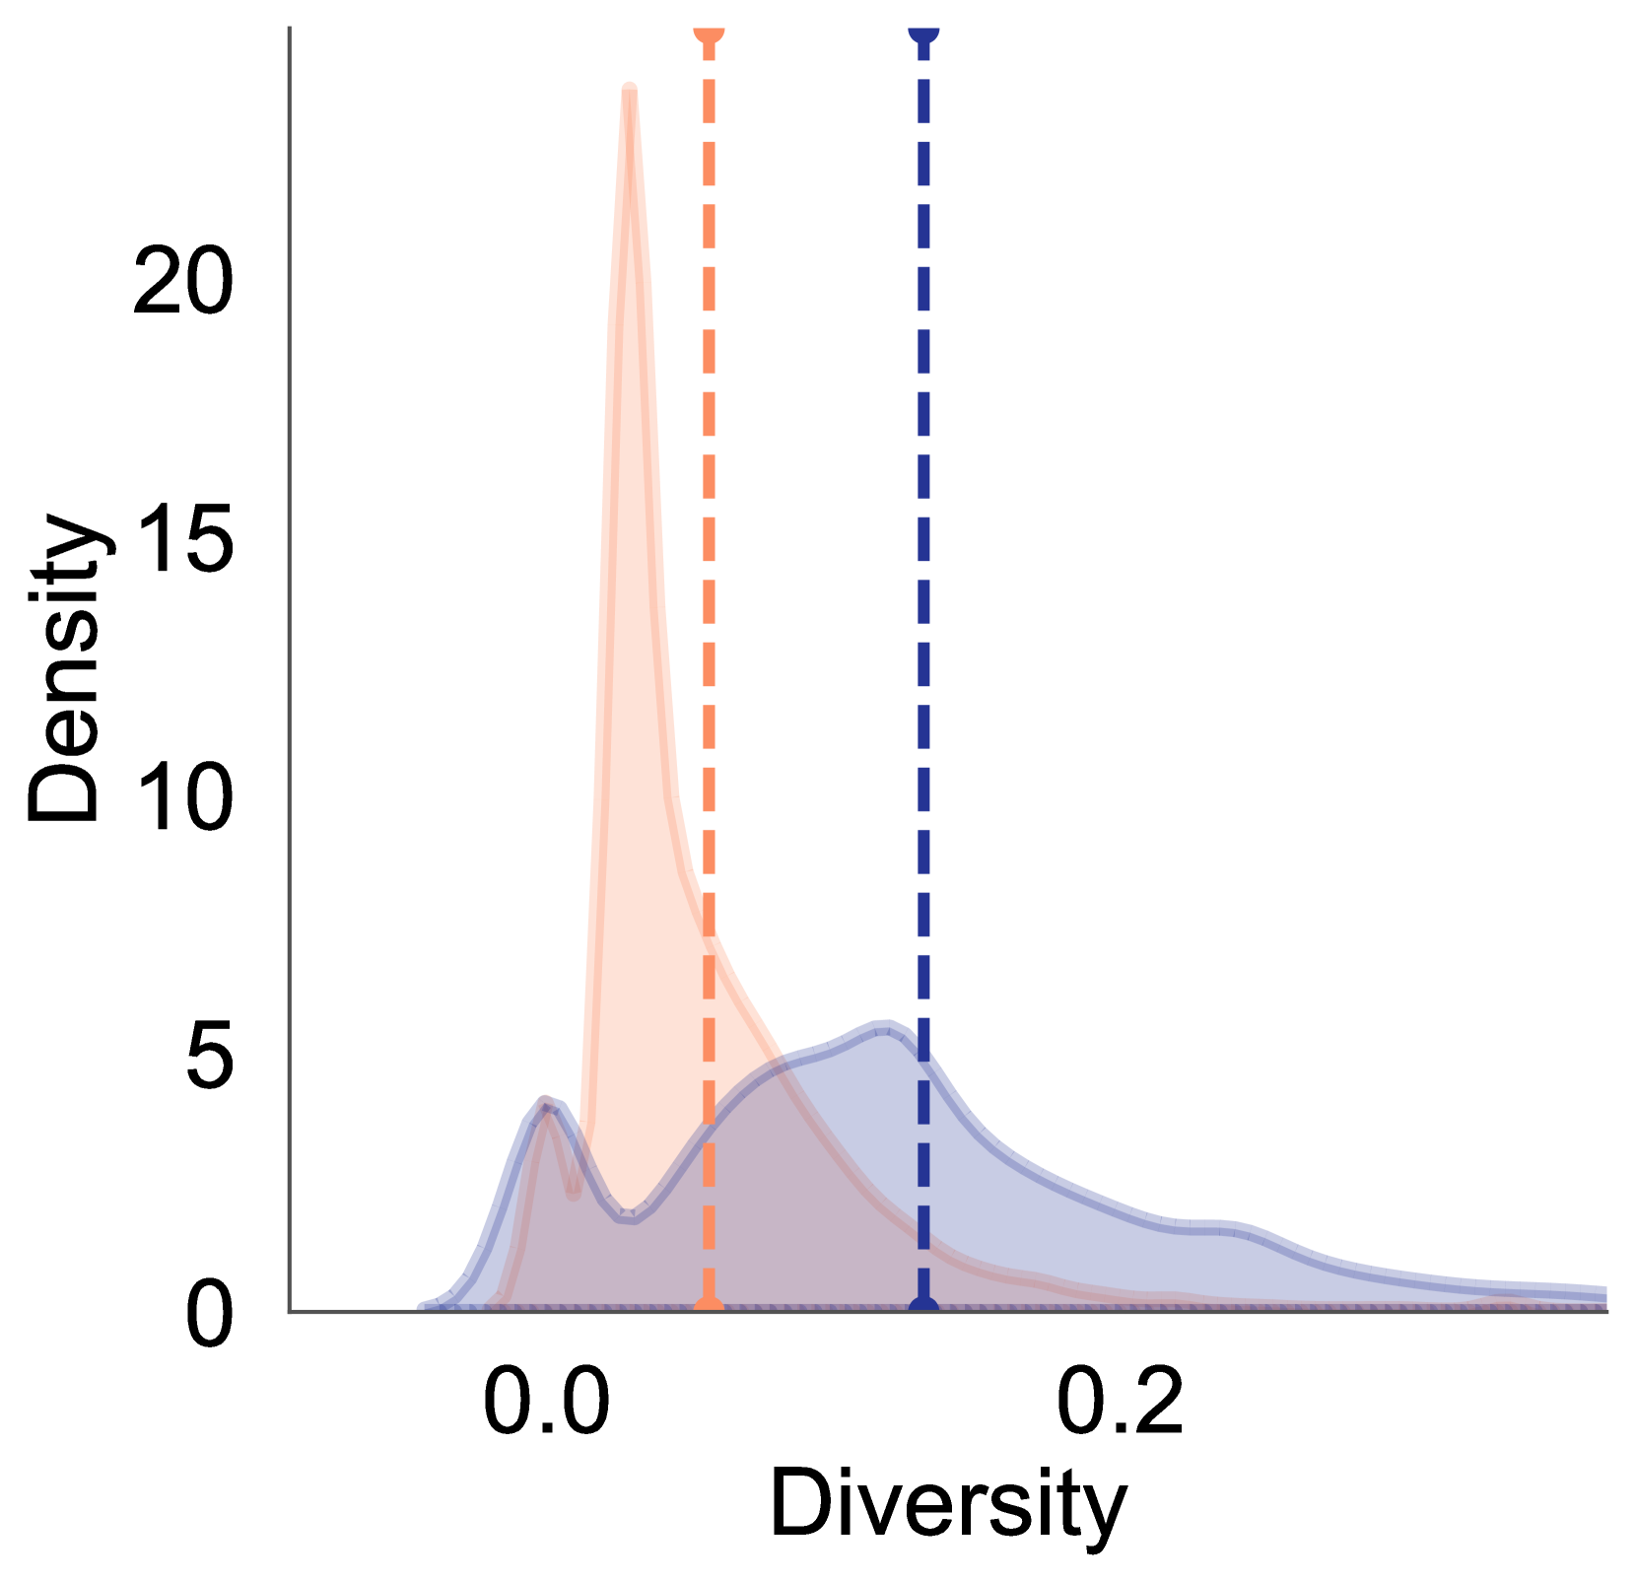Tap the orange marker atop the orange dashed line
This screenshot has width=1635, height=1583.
(710, 33)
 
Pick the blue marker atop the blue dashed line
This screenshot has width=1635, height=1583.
(923, 33)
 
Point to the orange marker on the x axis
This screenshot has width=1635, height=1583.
(710, 1307)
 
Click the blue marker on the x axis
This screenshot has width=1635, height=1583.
(923, 1307)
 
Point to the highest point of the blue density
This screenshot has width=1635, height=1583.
(884, 1022)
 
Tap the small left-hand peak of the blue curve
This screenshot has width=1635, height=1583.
(546, 1098)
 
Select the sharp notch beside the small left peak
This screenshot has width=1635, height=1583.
(574, 1194)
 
